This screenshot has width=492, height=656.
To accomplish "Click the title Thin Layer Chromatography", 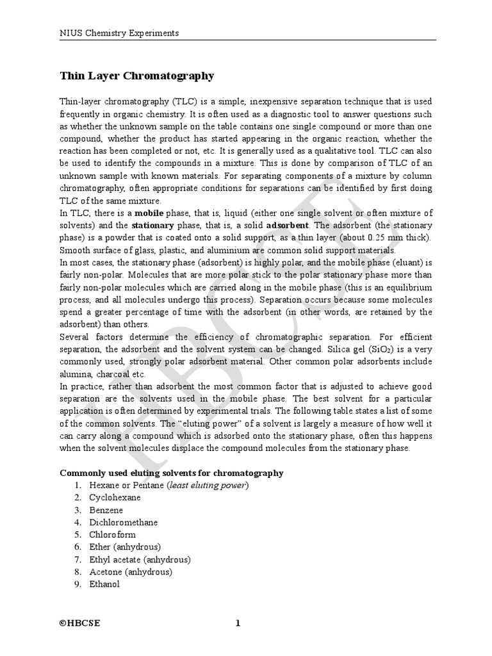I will [x=136, y=76].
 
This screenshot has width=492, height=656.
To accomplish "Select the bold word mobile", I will [x=148, y=213].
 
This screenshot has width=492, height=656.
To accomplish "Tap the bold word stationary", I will [x=152, y=225].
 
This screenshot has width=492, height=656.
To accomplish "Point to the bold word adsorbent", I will [x=288, y=225].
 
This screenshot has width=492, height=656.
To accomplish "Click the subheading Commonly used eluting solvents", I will [x=171, y=473].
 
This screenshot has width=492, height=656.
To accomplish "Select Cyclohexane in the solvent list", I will [x=115, y=497].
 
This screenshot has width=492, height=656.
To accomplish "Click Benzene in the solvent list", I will [x=106, y=510].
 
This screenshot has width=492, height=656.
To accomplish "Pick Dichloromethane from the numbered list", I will [x=123, y=522].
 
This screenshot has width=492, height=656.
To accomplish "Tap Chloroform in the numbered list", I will [x=112, y=534].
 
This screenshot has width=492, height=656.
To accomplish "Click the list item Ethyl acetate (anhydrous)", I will [x=140, y=559].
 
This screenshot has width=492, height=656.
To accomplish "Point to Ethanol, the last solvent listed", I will [x=104, y=584].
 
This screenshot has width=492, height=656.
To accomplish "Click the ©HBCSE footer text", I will [x=80, y=624].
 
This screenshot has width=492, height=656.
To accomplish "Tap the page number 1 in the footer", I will [x=237, y=624].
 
